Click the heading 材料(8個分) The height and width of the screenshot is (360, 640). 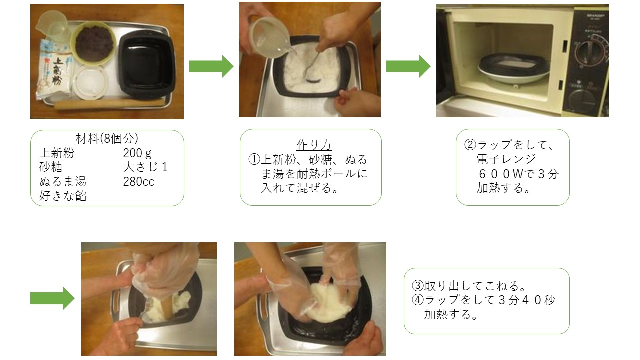[x=107, y=139]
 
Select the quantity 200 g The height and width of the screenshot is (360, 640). [x=137, y=153]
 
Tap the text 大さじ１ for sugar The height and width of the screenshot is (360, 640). [x=145, y=167]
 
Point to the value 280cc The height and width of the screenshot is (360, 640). [x=139, y=182]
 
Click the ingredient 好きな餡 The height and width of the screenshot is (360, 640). [x=63, y=196]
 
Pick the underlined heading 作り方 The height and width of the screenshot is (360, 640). [x=314, y=145]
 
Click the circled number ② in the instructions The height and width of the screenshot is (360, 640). [x=470, y=145]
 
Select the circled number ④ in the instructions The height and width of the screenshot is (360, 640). [x=418, y=300]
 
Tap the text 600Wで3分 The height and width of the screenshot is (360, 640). [x=518, y=174]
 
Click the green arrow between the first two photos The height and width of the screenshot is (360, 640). [x=211, y=66]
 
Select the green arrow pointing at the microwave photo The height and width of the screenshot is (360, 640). [x=408, y=66]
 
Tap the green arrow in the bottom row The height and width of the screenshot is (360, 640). [x=52, y=298]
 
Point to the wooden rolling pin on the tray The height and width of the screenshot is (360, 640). [x=110, y=104]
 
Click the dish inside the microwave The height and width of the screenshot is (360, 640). [x=513, y=68]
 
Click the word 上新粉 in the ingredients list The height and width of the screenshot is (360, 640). [x=57, y=153]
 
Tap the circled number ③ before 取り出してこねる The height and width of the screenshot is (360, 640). [x=418, y=285]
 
